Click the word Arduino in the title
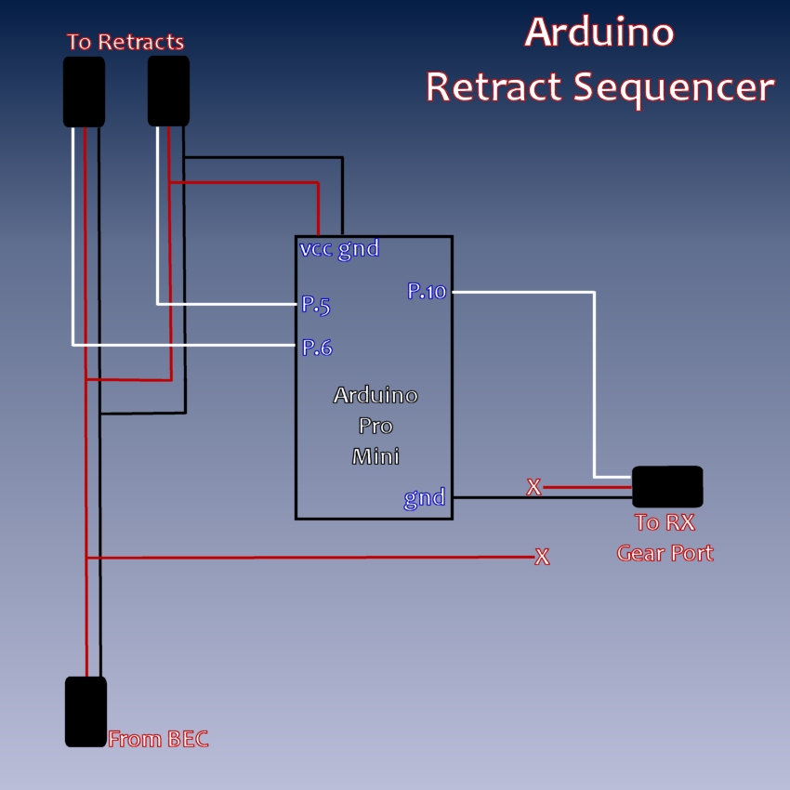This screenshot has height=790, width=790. tap(599, 32)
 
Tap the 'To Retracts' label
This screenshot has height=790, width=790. tap(125, 42)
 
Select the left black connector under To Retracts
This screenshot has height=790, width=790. tap(84, 91)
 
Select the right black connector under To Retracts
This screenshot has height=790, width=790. tap(168, 90)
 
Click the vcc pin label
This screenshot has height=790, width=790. tap(316, 249)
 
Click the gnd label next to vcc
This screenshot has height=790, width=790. tap(359, 249)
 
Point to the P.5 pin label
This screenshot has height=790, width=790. tap(316, 305)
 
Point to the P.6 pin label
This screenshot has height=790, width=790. tap(317, 348)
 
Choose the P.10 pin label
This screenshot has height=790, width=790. tap(427, 291)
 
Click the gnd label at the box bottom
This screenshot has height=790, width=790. tap(425, 497)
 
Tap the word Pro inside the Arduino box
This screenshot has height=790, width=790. tap(375, 426)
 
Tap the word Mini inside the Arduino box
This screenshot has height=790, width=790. tap(375, 456)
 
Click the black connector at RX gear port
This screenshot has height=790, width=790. tap(666, 487)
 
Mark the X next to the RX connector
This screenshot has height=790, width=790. tap(533, 487)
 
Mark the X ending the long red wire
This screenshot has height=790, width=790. tap(542, 558)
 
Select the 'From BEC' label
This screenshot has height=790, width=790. tap(158, 740)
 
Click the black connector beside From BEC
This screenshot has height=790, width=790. tap(86, 711)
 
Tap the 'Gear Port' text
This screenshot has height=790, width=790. tap(665, 553)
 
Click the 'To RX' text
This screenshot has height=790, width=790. tap(665, 522)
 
